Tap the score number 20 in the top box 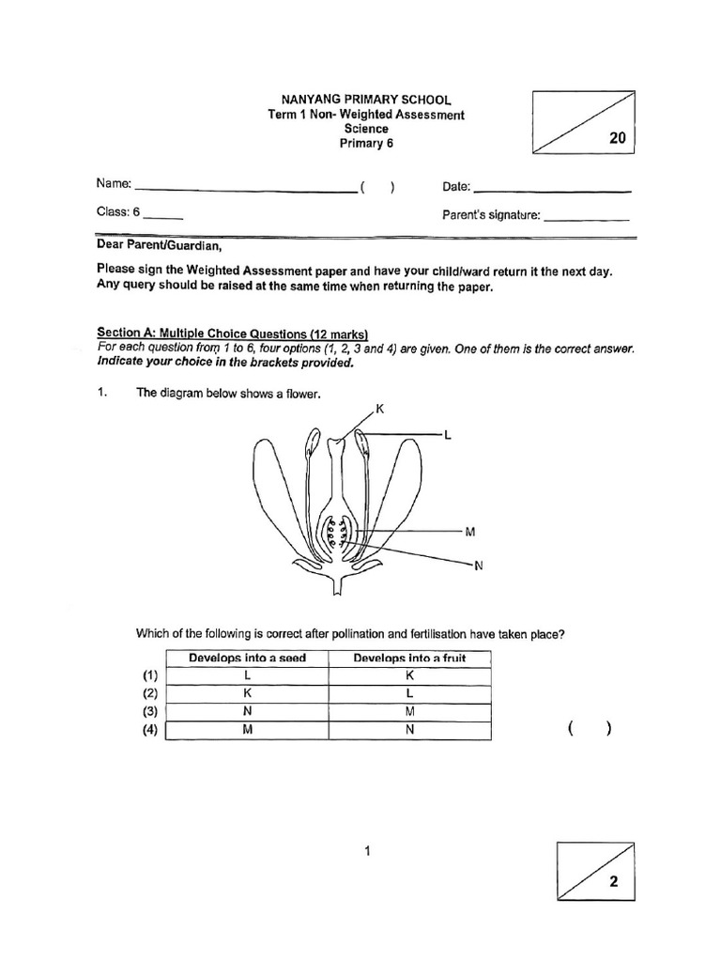click(x=616, y=138)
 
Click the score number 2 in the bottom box click(x=613, y=882)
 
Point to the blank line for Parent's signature click(x=586, y=218)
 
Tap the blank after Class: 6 click(x=163, y=216)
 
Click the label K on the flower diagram click(x=379, y=409)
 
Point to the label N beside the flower click(x=477, y=565)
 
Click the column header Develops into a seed click(x=247, y=658)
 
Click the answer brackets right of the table click(x=590, y=729)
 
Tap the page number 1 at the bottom click(x=367, y=851)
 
